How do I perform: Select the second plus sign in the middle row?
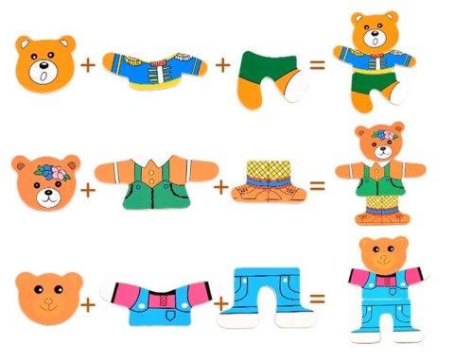[221, 187]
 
